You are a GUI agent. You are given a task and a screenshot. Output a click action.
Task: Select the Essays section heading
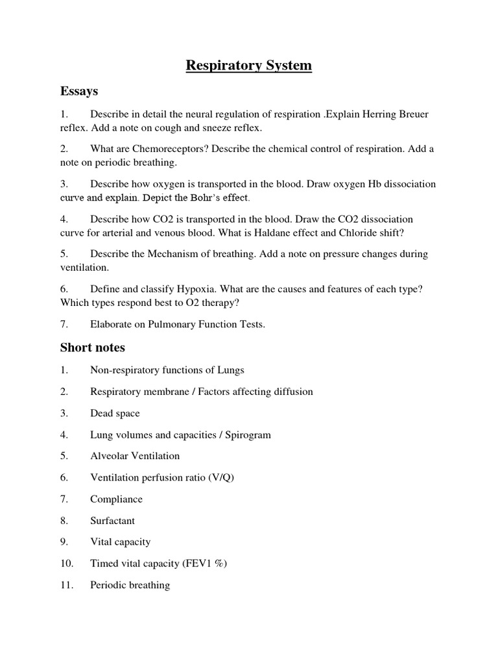[x=78, y=91]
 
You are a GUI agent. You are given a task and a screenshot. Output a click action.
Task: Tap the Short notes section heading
[x=93, y=347]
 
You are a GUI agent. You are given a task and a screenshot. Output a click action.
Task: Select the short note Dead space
[x=115, y=414]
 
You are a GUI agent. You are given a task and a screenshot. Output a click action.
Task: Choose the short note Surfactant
[x=112, y=521]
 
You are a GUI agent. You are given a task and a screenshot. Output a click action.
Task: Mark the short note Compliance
[x=116, y=499]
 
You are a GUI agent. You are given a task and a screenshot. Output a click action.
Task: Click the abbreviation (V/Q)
[x=222, y=478]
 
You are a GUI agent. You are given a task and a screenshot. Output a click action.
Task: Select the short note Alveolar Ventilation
[x=135, y=457]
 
